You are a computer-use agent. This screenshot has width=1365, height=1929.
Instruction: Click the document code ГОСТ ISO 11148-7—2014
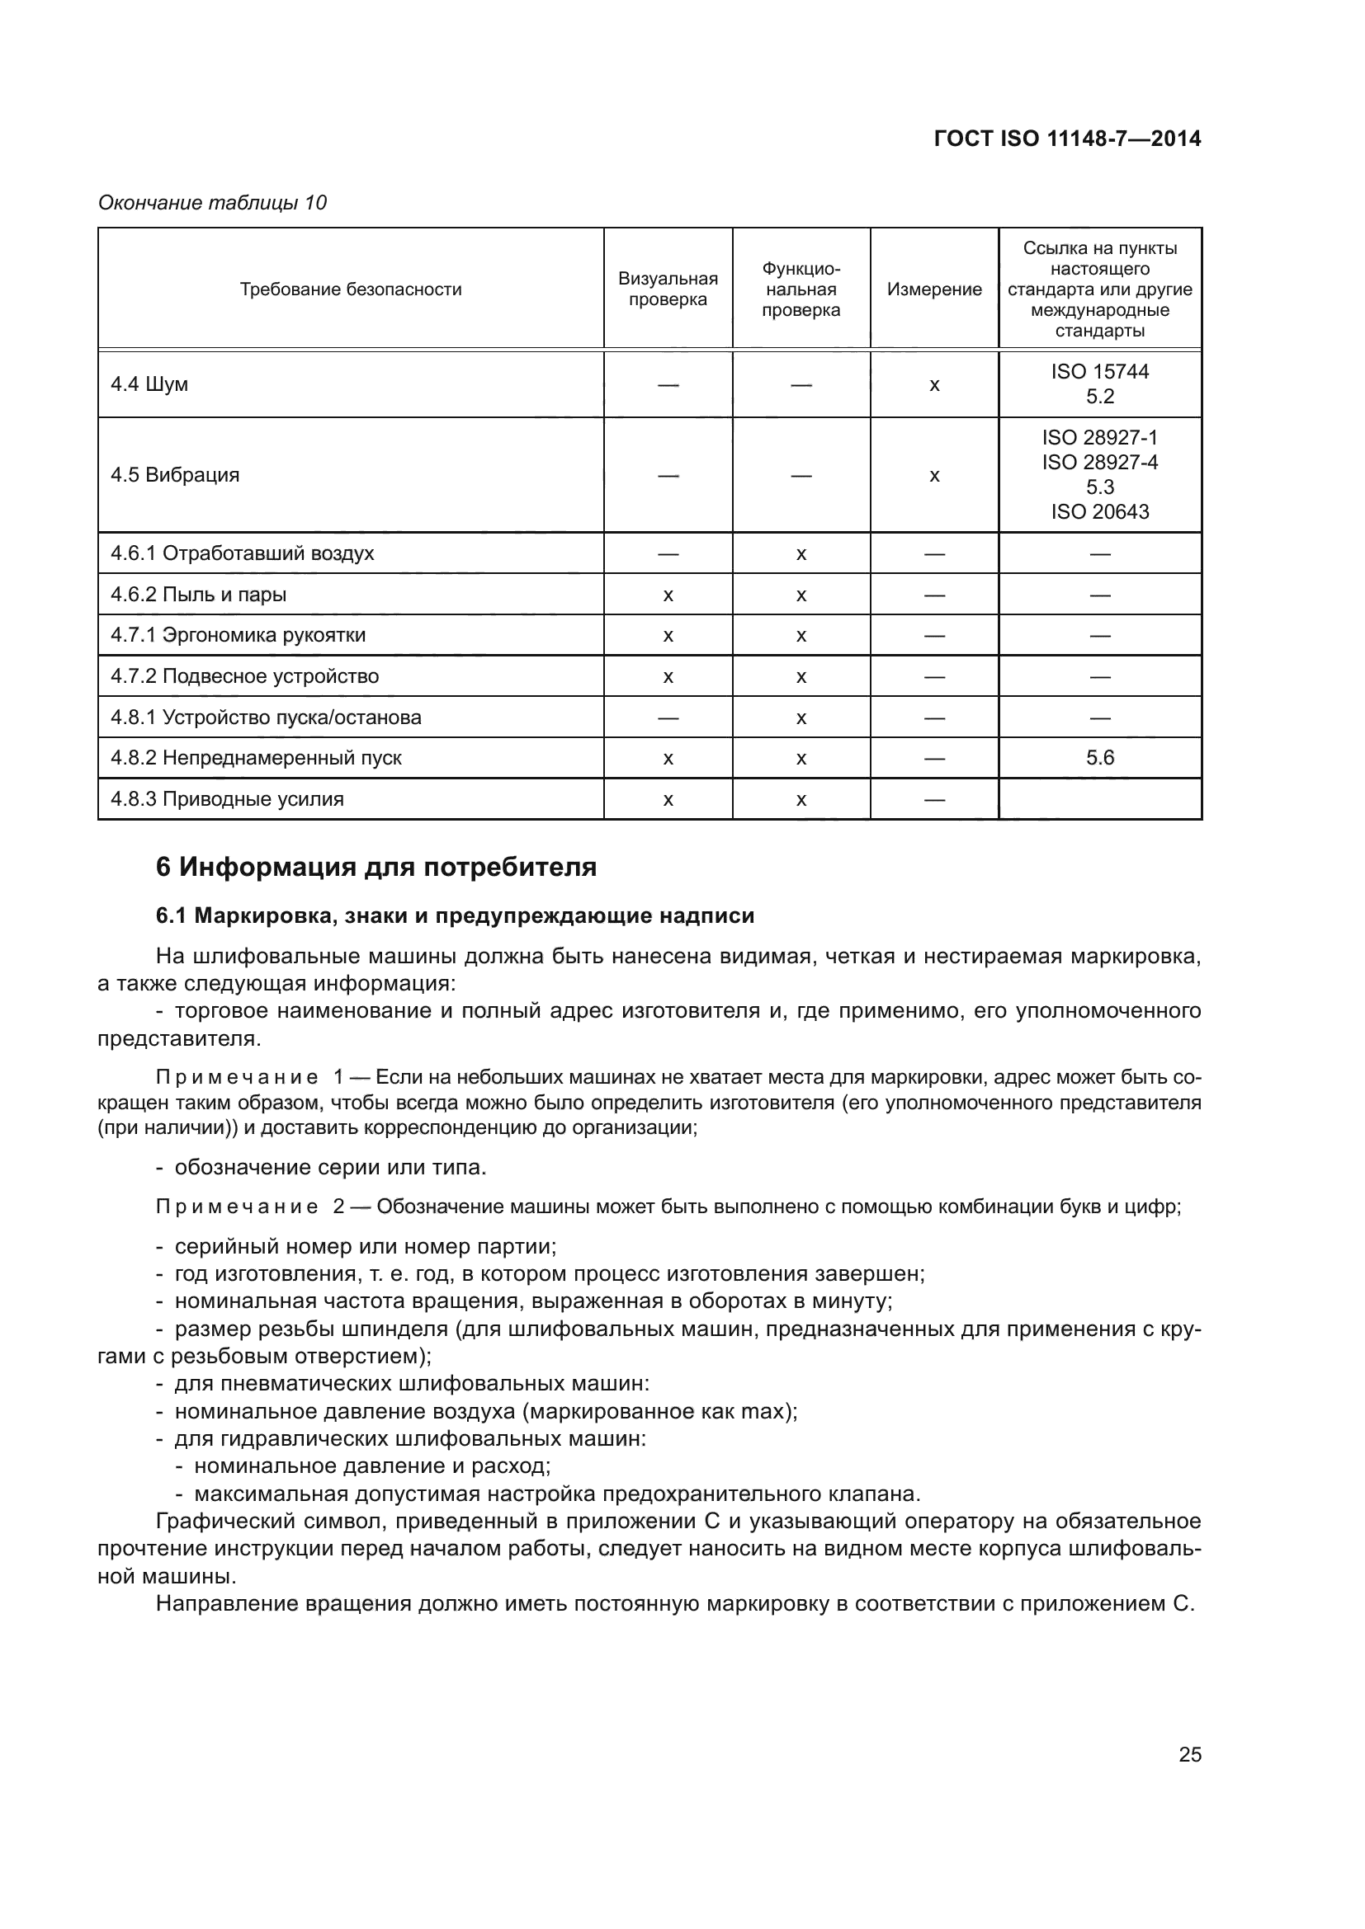(x=1066, y=139)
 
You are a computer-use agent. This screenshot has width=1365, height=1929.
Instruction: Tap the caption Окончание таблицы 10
(x=213, y=203)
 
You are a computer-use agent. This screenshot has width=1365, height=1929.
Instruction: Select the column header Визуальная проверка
(x=668, y=289)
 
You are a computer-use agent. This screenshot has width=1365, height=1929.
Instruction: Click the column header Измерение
(x=934, y=289)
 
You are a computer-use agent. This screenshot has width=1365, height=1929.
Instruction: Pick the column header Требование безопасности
(x=351, y=289)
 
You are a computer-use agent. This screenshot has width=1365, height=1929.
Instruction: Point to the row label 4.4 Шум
(x=149, y=384)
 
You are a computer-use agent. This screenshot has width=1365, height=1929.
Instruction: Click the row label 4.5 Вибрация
(x=175, y=475)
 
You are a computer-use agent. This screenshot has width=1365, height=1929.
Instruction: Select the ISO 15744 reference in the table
(x=1099, y=371)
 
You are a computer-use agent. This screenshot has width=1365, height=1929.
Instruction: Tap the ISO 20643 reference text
(x=1099, y=511)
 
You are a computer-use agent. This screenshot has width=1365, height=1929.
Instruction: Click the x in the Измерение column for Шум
(x=934, y=386)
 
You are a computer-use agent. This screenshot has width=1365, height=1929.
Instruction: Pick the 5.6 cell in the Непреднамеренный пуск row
(x=1099, y=758)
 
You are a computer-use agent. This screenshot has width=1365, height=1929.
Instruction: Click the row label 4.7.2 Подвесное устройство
(x=244, y=676)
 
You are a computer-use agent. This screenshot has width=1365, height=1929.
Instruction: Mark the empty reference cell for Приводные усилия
(x=1099, y=799)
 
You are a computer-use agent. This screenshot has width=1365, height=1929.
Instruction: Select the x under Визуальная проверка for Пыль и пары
(x=668, y=595)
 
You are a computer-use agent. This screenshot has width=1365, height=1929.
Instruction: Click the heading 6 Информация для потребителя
(x=375, y=866)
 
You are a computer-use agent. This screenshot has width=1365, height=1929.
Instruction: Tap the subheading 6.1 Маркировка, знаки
(x=455, y=915)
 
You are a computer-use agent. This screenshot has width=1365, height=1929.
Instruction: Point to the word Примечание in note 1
(x=237, y=1077)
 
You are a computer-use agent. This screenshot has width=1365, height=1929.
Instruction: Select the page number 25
(x=1189, y=1754)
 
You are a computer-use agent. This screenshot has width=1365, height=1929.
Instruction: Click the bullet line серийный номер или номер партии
(x=366, y=1246)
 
